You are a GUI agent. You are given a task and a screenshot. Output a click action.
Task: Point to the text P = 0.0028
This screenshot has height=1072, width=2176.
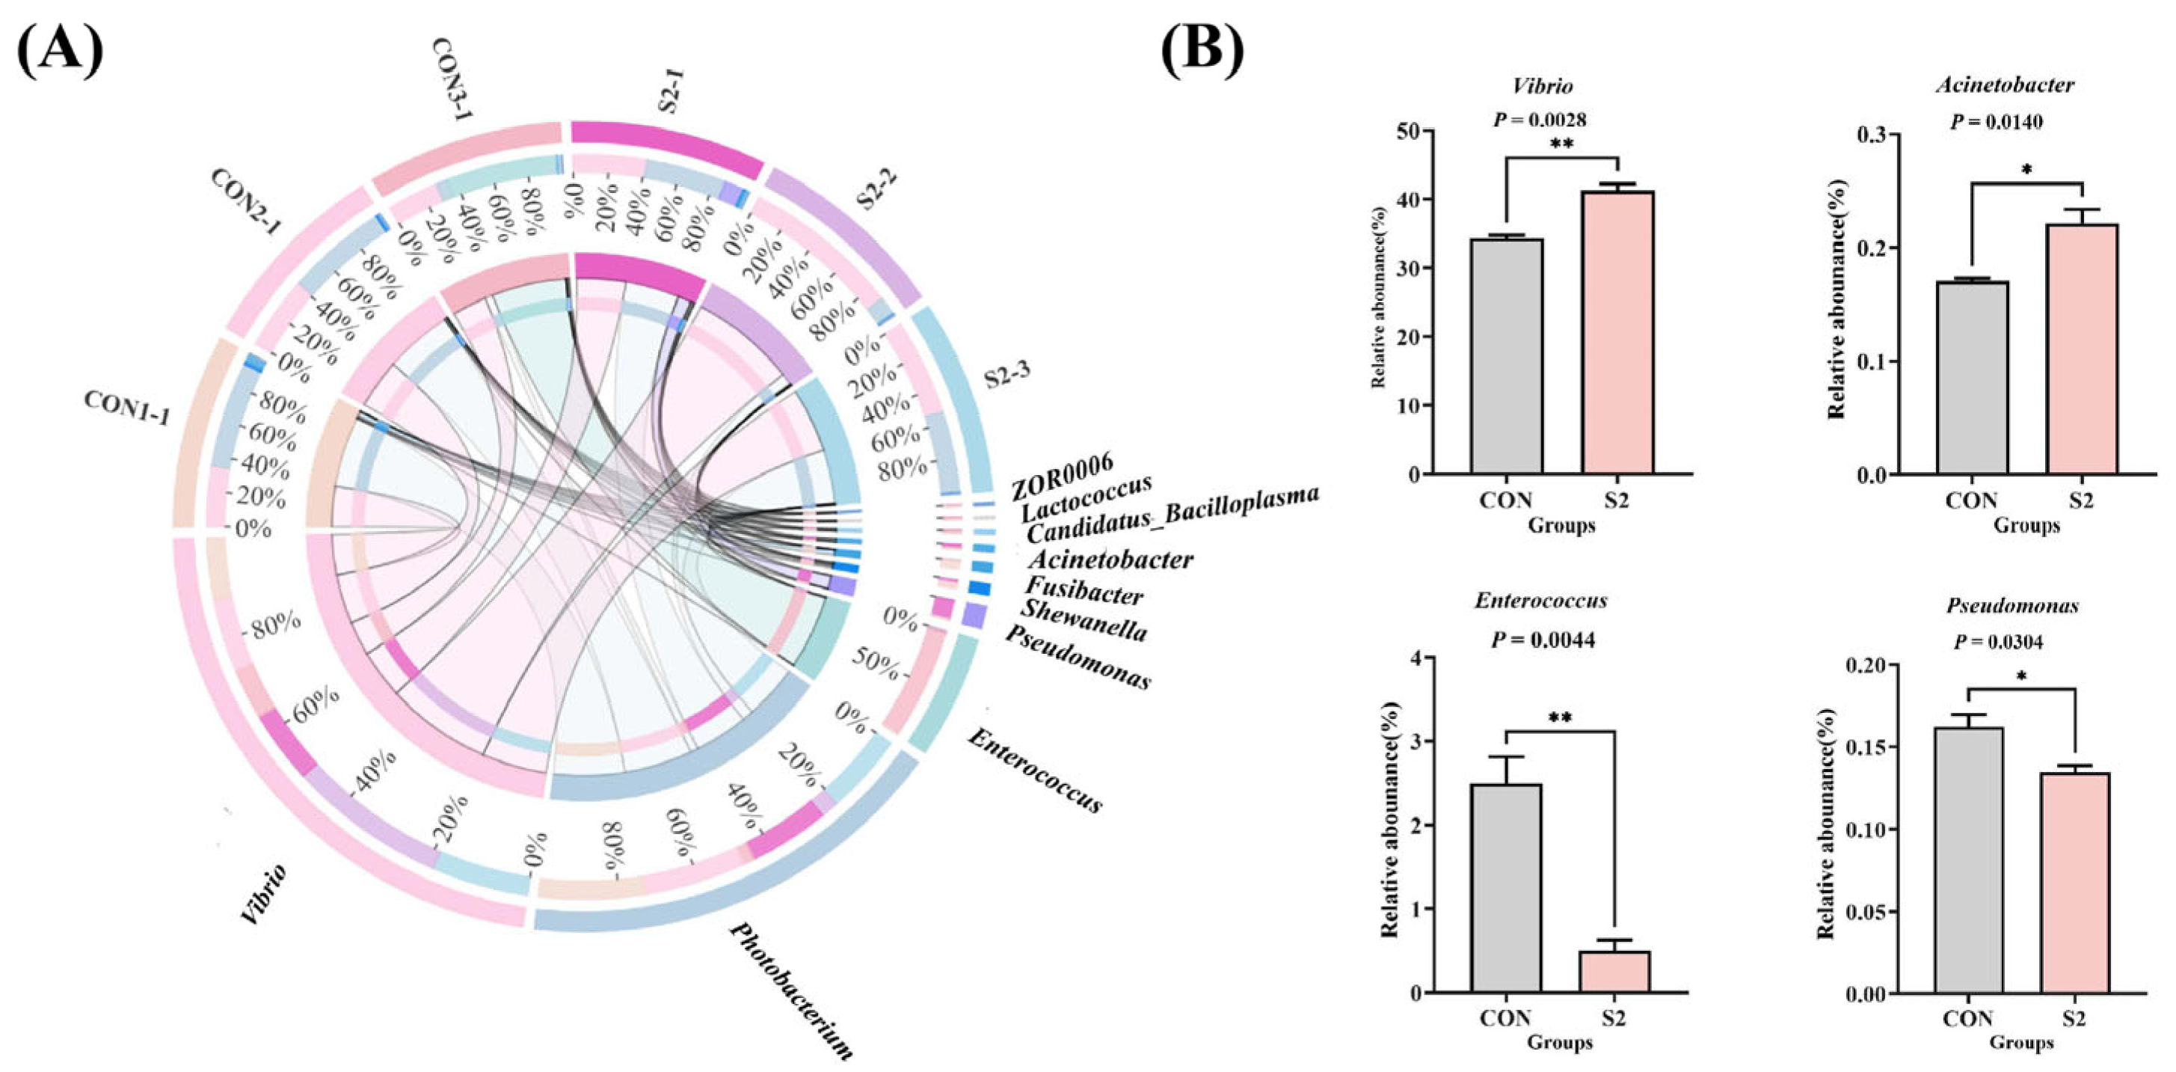[x=1540, y=120]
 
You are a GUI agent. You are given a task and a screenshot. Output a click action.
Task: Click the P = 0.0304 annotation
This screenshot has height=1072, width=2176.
[x=1998, y=642]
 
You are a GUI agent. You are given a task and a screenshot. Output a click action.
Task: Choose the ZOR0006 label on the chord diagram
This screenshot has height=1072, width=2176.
[x=1063, y=475]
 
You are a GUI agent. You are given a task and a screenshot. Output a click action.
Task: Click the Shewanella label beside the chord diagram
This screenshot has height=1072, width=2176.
[x=1084, y=622]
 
